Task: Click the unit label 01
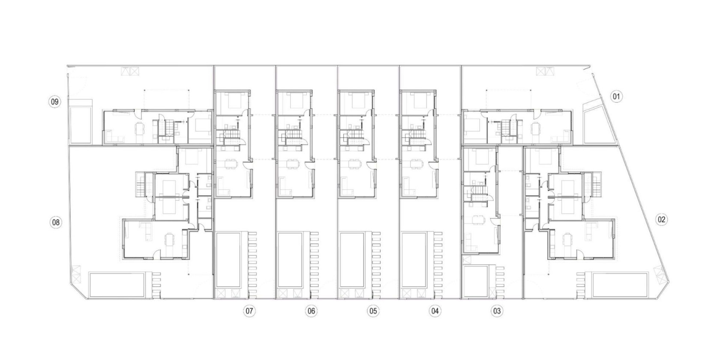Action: pos(616,96)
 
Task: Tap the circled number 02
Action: pos(661,220)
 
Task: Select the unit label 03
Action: pos(497,311)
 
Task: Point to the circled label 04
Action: pos(435,311)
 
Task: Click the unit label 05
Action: pos(373,311)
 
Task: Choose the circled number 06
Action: pos(311,311)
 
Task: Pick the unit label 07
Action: pos(249,311)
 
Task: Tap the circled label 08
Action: pos(55,222)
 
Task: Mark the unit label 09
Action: pos(55,102)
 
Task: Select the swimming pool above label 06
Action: pos(290,260)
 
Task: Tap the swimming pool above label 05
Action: pos(352,260)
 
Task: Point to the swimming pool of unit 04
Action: pos(414,260)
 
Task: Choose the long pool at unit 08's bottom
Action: pos(117,284)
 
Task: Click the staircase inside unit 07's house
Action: pos(232,138)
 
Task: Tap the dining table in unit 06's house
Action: pos(293,164)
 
